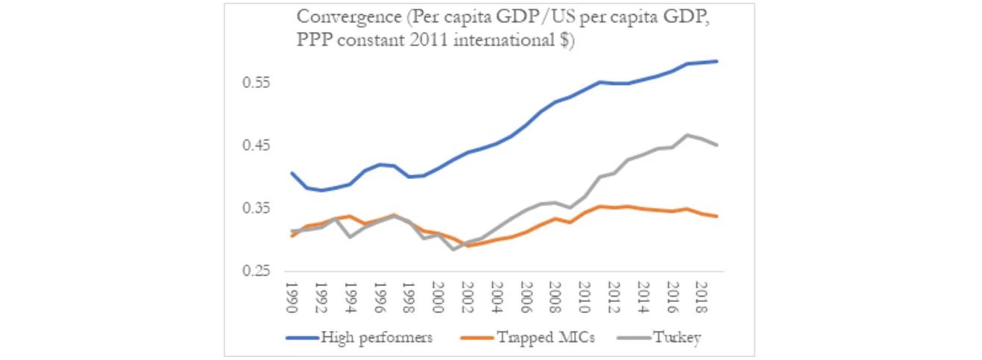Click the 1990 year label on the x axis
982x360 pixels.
coord(292,297)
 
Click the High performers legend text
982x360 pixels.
coord(377,337)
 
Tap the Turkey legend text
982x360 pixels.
coord(676,337)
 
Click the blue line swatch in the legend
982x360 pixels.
coord(302,338)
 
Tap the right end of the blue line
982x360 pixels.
coord(717,61)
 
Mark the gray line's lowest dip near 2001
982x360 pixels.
coord(453,249)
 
